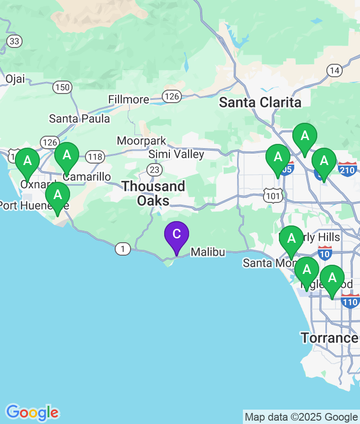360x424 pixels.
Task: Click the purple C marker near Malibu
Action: pyautogui.click(x=177, y=235)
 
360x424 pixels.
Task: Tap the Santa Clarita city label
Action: pyautogui.click(x=260, y=102)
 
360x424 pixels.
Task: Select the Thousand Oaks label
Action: pyautogui.click(x=153, y=193)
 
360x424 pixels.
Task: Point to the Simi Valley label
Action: pyautogui.click(x=176, y=154)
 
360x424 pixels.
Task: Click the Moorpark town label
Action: pyautogui.click(x=142, y=141)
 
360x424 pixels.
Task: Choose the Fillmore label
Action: pyautogui.click(x=129, y=99)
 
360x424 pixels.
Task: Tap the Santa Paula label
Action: pyautogui.click(x=80, y=118)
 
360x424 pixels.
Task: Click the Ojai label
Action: pyautogui.click(x=15, y=79)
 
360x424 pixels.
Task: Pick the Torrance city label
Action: pyautogui.click(x=329, y=338)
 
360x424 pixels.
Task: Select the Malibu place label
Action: pyautogui.click(x=208, y=252)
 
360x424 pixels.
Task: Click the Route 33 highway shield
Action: pyautogui.click(x=14, y=41)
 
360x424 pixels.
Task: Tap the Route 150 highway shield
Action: pyautogui.click(x=62, y=87)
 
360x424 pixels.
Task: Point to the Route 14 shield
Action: pyautogui.click(x=335, y=71)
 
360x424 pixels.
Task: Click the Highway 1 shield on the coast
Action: pyautogui.click(x=123, y=248)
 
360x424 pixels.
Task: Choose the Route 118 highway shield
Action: pyautogui.click(x=95, y=156)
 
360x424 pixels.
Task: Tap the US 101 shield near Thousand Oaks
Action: pyautogui.click(x=272, y=195)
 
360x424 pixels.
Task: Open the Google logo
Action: pyautogui.click(x=32, y=412)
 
